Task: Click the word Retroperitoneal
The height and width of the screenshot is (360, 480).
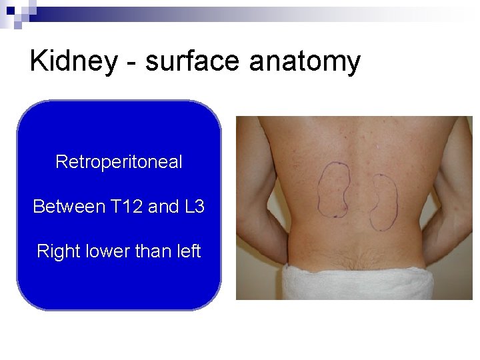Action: (119, 162)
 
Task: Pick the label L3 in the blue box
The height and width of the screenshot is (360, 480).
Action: (193, 207)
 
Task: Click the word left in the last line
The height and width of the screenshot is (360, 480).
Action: (187, 251)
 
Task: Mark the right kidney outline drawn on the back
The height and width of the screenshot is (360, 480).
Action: (384, 201)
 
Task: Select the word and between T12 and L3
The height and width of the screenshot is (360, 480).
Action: (163, 207)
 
